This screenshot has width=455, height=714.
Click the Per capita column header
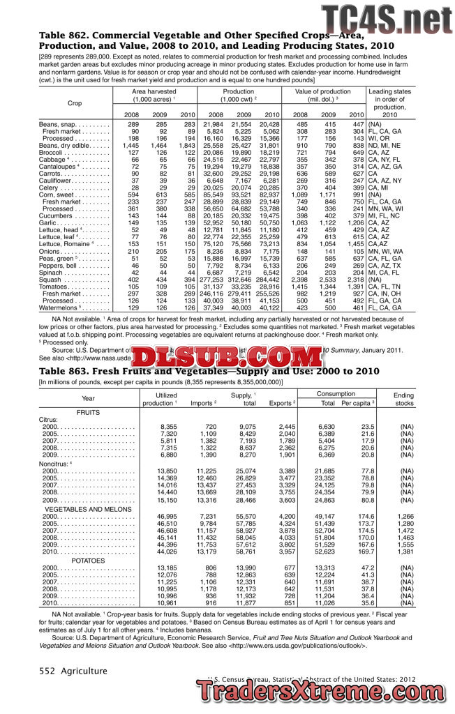tap(359, 403)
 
